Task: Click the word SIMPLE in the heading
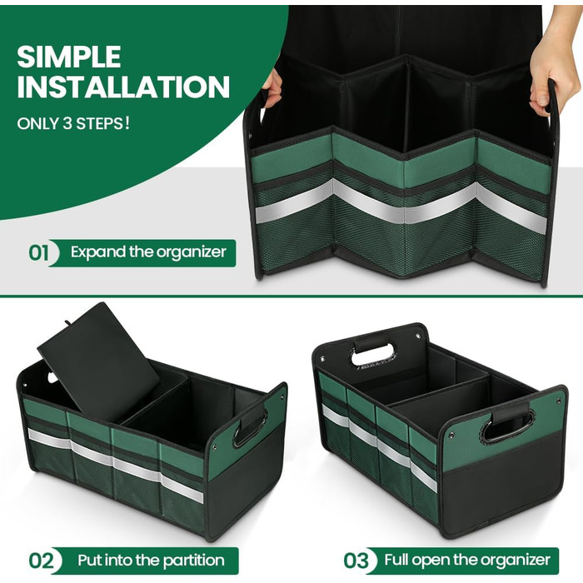pyautogui.click(x=69, y=57)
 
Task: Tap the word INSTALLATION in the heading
pyautogui.click(x=123, y=87)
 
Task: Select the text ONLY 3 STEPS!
pyautogui.click(x=73, y=123)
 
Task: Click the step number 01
pyautogui.click(x=38, y=253)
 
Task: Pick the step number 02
pyautogui.click(x=41, y=561)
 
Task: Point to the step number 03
pyautogui.click(x=356, y=561)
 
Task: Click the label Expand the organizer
pyautogui.click(x=148, y=252)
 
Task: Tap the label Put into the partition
pyautogui.click(x=151, y=560)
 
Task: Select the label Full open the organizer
pyautogui.click(x=467, y=560)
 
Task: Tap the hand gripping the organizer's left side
pyautogui.click(x=272, y=88)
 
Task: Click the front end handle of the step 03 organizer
pyautogui.click(x=508, y=425)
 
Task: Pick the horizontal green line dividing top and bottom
pyautogui.click(x=291, y=296)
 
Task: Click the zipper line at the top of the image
pyautogui.click(x=398, y=31)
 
